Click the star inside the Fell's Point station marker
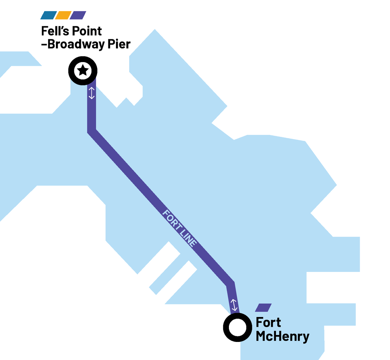tap(83, 70)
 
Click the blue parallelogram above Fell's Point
tap(49, 15)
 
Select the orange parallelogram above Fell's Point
tap(64, 15)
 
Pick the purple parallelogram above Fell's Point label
tap(78, 15)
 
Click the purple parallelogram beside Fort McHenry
tap(263, 308)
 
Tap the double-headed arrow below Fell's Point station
tap(91, 93)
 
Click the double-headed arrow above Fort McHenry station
tap(234, 305)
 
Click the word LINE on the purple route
tap(188, 238)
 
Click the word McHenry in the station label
tap(282, 337)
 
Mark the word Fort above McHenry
tap(268, 322)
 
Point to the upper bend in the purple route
tap(91, 131)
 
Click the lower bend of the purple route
tap(230, 284)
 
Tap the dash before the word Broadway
tap(44, 45)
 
